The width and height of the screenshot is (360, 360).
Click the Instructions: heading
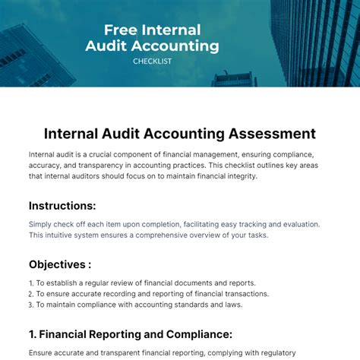[62, 205]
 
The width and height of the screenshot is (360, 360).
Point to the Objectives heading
[60, 264]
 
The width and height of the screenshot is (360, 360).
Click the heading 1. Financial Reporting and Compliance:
[130, 333]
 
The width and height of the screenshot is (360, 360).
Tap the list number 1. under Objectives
[32, 283]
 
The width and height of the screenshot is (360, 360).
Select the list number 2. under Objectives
[32, 294]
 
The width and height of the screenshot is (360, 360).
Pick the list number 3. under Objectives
[32, 305]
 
